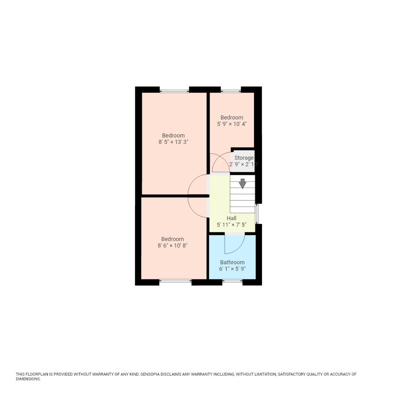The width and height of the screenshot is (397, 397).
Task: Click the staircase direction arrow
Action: click(x=243, y=183)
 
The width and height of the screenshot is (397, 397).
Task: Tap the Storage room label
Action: click(x=244, y=158)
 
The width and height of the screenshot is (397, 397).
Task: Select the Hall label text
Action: click(x=232, y=218)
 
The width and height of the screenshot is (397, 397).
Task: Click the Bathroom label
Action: click(x=232, y=262)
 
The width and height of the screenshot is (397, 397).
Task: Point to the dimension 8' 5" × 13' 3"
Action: click(x=174, y=142)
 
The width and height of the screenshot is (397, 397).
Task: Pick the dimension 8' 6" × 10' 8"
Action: click(x=172, y=246)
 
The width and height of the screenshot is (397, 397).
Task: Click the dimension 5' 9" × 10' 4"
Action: click(x=232, y=124)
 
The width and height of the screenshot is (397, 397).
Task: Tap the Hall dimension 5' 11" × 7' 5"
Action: click(x=232, y=225)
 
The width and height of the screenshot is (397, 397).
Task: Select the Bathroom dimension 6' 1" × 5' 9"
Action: click(x=232, y=269)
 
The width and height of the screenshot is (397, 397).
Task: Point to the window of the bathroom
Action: click(x=232, y=282)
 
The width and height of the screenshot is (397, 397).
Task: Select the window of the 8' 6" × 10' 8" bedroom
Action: click(x=175, y=282)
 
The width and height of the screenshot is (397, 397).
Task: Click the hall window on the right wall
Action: click(x=257, y=214)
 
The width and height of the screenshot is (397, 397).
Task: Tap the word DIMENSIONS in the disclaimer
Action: click(x=28, y=379)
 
